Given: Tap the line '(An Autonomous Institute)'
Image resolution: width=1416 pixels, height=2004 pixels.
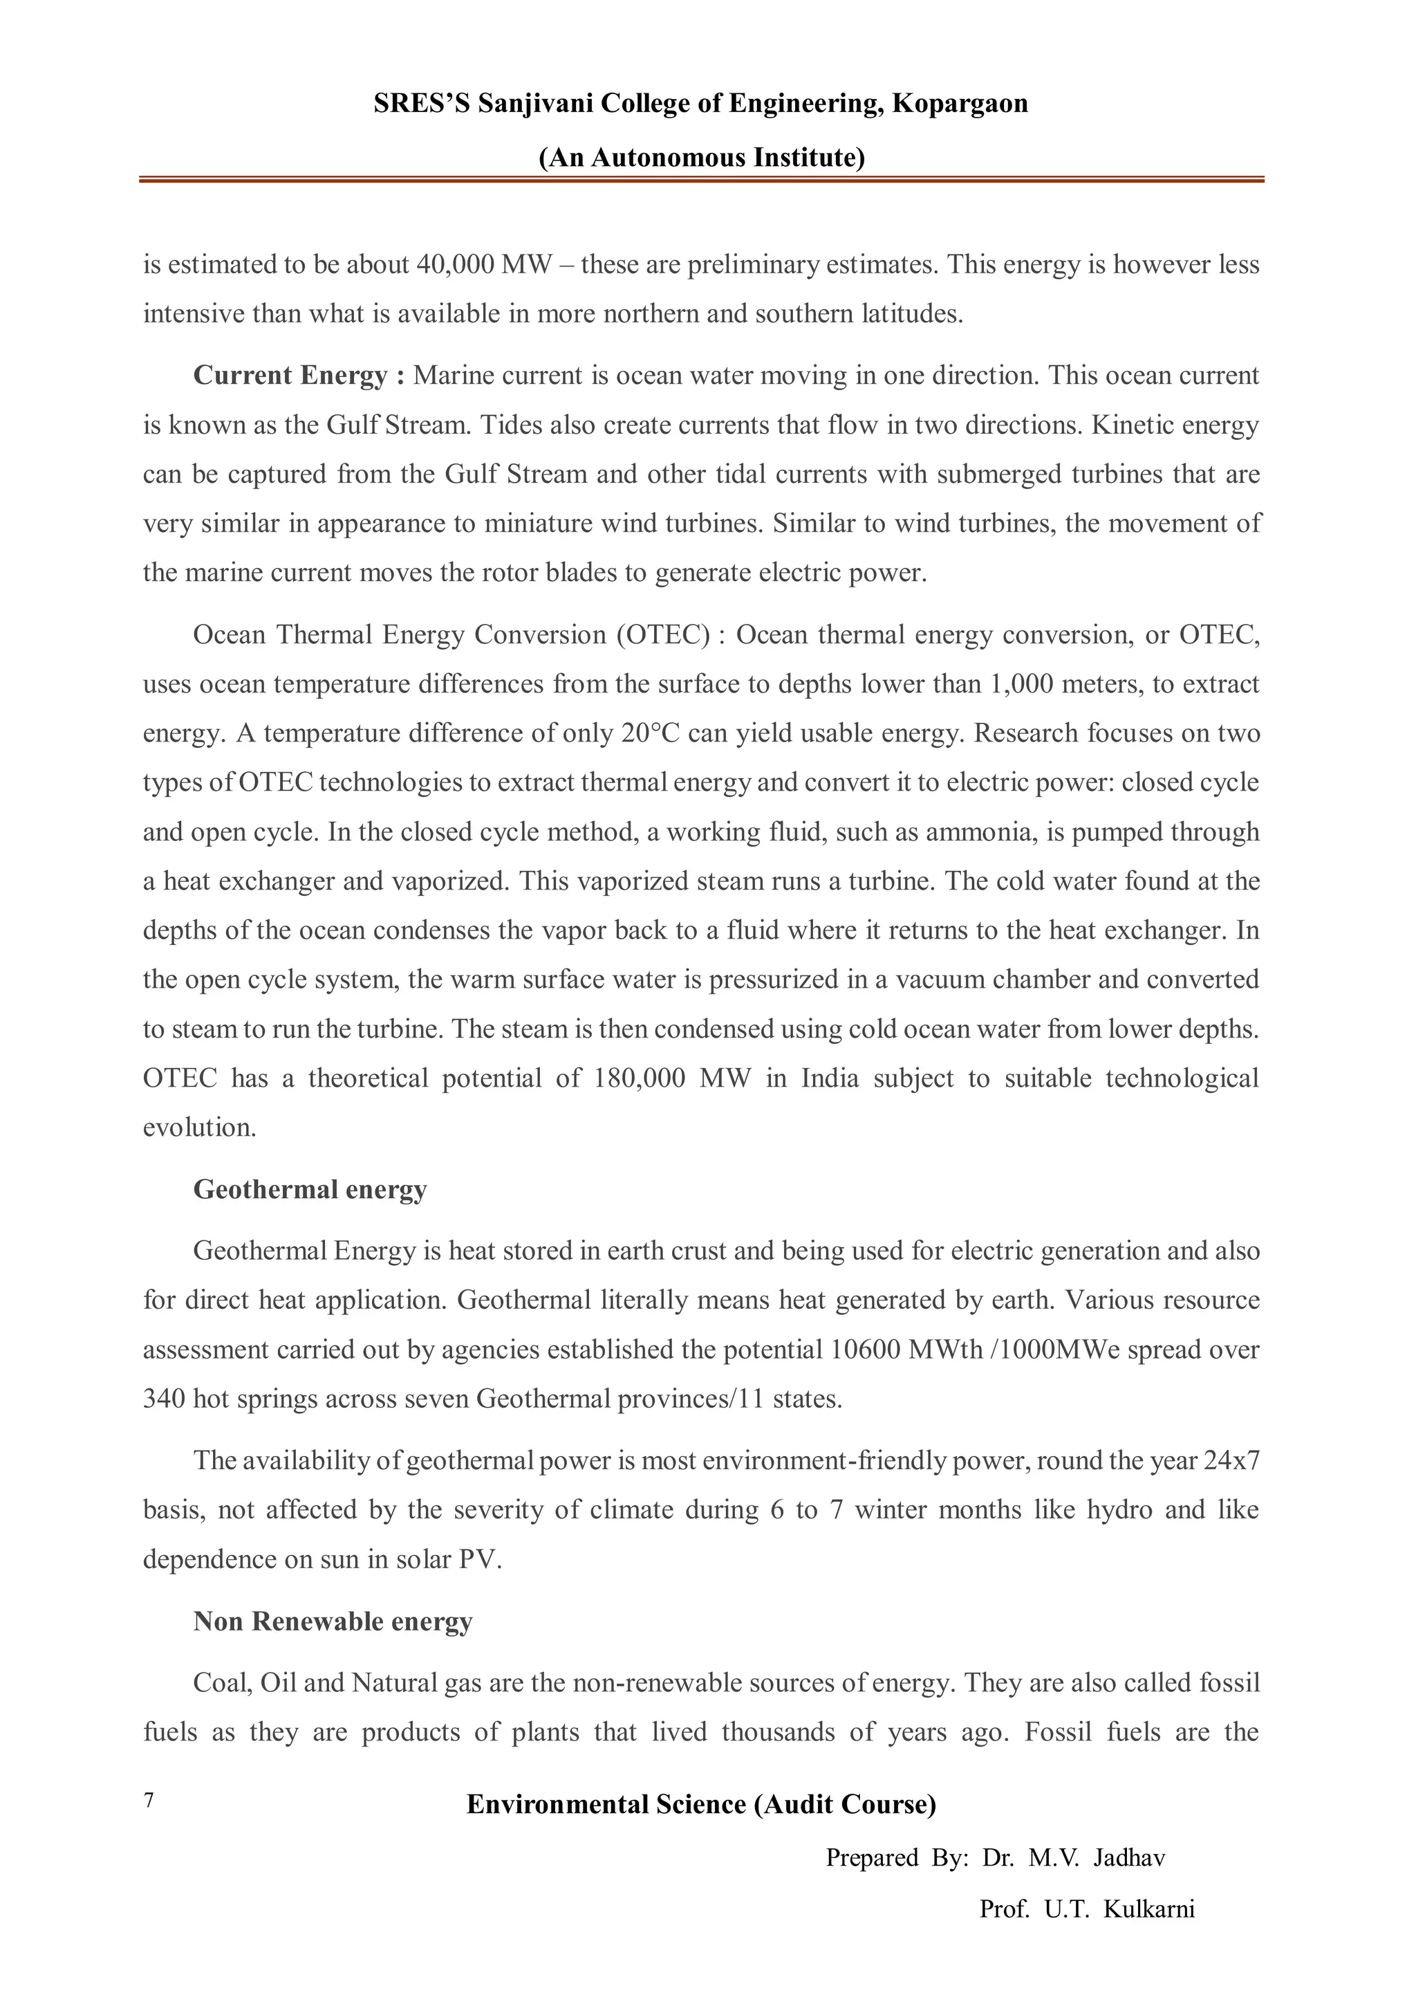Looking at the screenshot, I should point(702,157).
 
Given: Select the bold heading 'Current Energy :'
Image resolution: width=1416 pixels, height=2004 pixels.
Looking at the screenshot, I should point(299,376).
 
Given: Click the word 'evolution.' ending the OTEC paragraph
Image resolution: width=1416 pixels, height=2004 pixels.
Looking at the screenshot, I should point(200,1128).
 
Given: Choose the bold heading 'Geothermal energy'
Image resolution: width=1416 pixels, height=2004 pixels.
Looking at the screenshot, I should point(310,1190).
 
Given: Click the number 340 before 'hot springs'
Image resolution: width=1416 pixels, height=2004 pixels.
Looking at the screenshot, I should point(163,1399).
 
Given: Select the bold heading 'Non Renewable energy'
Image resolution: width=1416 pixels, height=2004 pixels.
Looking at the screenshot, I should point(333,1621).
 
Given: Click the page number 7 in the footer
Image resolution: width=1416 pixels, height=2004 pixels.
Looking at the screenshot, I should point(149,1801).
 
